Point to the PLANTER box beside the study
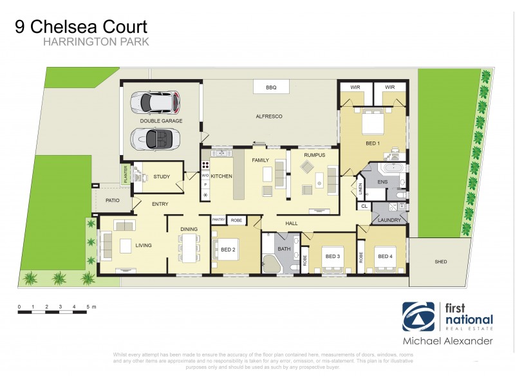tap(126, 175)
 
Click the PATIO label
tap(113, 201)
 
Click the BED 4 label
tap(385, 256)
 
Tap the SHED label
tap(440, 262)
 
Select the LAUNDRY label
tap(389, 219)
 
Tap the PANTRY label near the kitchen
tap(218, 220)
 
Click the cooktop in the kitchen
tap(205, 165)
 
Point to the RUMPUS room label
tap(314, 155)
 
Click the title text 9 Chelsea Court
tap(81, 27)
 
